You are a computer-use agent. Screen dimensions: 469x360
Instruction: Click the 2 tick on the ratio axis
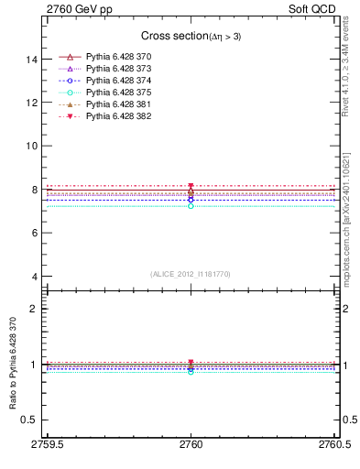(34, 309)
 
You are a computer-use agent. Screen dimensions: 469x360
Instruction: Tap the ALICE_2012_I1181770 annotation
(190, 274)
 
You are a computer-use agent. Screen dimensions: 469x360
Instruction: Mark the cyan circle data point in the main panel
(191, 206)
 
